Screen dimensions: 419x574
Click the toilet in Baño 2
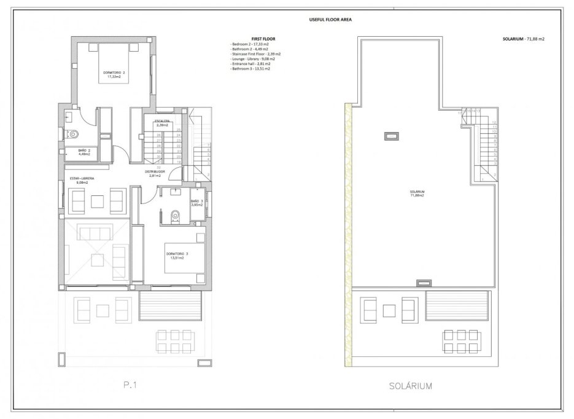pyautogui.click(x=73, y=133)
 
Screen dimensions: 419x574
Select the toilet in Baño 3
pyautogui.click(x=175, y=215)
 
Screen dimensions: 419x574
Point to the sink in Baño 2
pyautogui.click(x=69, y=114)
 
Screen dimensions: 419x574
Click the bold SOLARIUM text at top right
pyautogui.click(x=513, y=39)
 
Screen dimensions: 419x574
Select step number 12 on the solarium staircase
pyautogui.click(x=494, y=122)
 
